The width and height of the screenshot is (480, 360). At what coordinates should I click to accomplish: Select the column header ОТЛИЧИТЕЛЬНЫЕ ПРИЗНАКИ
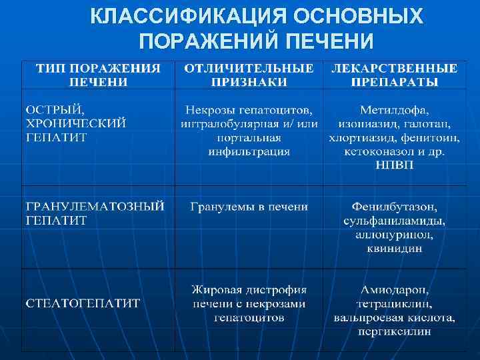tap(249, 75)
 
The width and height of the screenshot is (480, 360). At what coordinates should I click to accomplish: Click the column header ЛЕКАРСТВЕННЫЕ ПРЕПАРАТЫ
tap(395, 75)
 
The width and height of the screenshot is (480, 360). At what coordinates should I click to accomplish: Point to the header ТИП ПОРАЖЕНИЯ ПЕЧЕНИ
tap(98, 75)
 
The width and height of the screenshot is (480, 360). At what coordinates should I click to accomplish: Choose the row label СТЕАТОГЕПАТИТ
tap(83, 303)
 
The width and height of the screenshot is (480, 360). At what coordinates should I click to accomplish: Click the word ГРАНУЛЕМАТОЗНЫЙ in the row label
tap(95, 207)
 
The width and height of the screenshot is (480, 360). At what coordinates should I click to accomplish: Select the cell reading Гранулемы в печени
tap(249, 207)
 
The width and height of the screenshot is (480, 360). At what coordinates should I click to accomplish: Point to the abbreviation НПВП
tap(395, 165)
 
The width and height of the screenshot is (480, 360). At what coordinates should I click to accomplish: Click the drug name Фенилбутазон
tap(395, 207)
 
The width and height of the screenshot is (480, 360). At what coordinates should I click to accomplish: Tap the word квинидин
tap(395, 249)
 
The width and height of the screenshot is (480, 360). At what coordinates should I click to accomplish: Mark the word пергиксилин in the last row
tap(395, 331)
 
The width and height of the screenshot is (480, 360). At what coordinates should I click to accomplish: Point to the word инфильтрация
tap(249, 151)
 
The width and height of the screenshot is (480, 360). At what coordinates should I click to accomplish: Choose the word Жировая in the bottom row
tap(213, 290)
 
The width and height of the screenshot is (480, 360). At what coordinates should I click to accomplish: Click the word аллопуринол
tap(395, 235)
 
